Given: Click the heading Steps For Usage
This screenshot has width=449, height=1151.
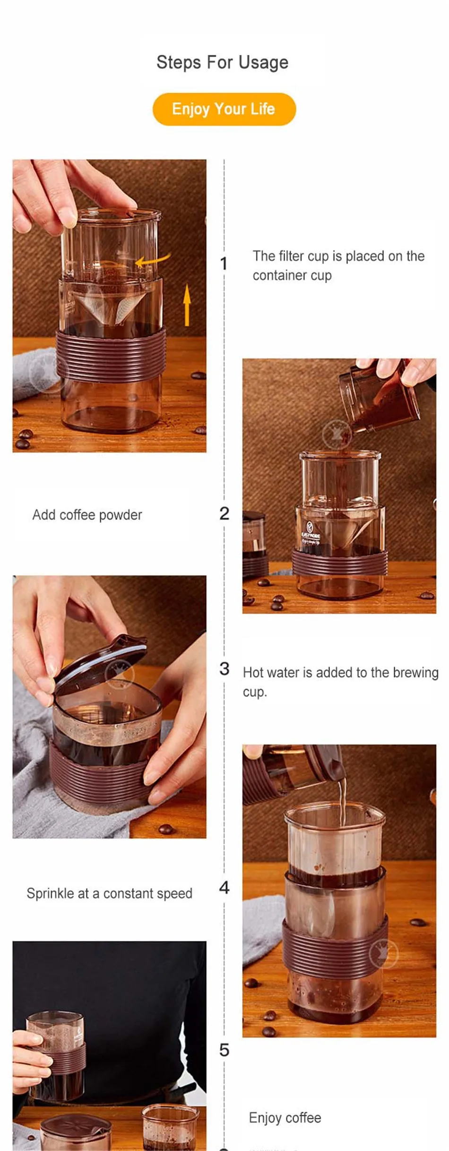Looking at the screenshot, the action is (x=222, y=62).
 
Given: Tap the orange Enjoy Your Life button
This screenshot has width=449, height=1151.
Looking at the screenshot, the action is (x=224, y=109).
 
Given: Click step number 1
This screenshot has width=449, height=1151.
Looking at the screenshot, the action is (x=224, y=264).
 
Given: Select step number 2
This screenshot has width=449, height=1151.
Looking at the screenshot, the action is (x=224, y=514).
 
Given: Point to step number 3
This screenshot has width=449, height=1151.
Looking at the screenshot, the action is (x=224, y=669).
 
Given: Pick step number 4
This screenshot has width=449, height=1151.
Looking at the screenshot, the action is (x=224, y=887).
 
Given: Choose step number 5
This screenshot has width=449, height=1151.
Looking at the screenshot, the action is (x=224, y=1050).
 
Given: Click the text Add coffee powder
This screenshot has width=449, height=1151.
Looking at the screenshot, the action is (x=87, y=515).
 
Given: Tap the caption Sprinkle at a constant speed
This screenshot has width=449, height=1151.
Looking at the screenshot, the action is (x=109, y=894).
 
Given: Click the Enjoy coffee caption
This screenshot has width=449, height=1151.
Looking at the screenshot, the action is (x=285, y=1117).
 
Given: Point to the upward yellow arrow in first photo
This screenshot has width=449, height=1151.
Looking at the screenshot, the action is (x=187, y=305).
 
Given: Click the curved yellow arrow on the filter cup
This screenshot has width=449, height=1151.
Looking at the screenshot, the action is (x=153, y=260).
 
